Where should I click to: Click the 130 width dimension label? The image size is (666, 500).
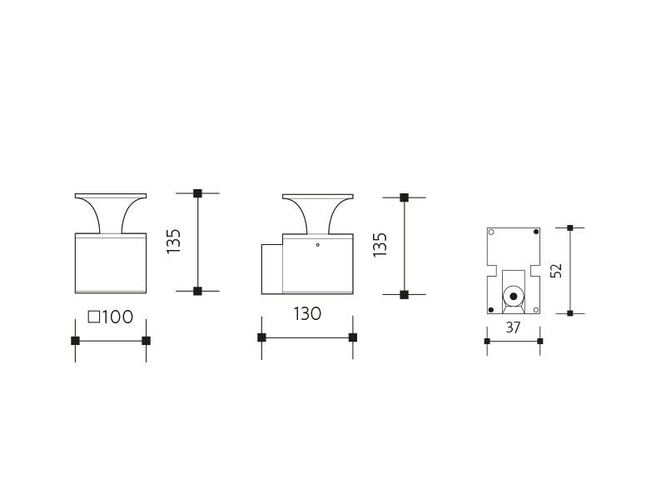pos(307,314)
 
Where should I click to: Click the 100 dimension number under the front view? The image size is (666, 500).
pos(117,317)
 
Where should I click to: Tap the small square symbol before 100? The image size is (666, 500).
pos(93,317)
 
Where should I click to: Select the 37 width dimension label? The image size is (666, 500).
pos(513,327)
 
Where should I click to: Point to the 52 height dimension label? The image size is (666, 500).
pos(556,270)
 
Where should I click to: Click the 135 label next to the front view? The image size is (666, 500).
pos(173,242)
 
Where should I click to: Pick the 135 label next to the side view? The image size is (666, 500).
pos(380,244)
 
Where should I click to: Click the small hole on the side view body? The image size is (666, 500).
pos(318,245)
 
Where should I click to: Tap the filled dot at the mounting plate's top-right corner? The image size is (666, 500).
pos(536,232)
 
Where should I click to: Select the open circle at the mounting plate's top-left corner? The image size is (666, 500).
pos(491,232)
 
